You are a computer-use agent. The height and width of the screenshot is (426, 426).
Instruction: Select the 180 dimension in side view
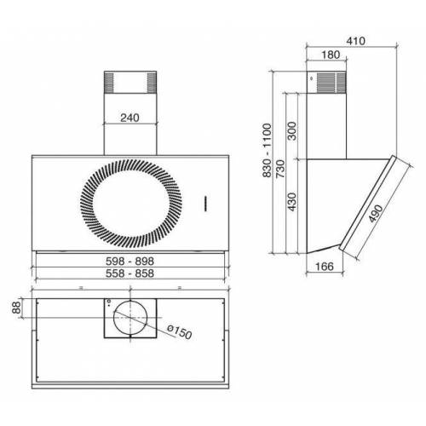coord(331,55)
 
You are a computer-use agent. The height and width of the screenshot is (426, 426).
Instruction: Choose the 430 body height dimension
coord(292,204)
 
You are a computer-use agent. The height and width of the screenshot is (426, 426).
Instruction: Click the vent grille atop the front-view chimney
coord(130,84)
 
